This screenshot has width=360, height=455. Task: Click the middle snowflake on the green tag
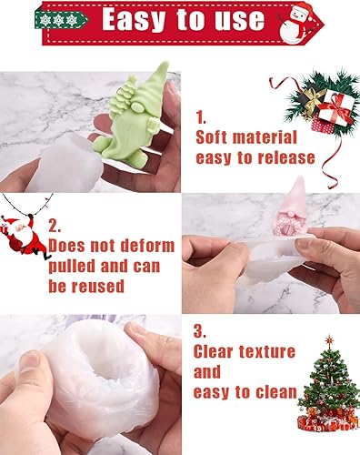click(x=58, y=20)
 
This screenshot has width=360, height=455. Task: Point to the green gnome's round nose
click(x=137, y=107)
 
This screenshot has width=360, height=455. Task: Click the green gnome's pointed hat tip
click(x=165, y=63)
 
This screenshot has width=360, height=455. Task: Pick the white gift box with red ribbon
click(x=335, y=108)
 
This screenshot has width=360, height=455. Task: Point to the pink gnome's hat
click(x=295, y=195)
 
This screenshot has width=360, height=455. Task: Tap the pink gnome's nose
click(x=291, y=215)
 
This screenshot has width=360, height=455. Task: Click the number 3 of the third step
click(x=200, y=331)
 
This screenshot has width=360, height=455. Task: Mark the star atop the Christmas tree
click(x=329, y=340)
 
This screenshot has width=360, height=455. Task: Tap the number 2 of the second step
click(x=54, y=227)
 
